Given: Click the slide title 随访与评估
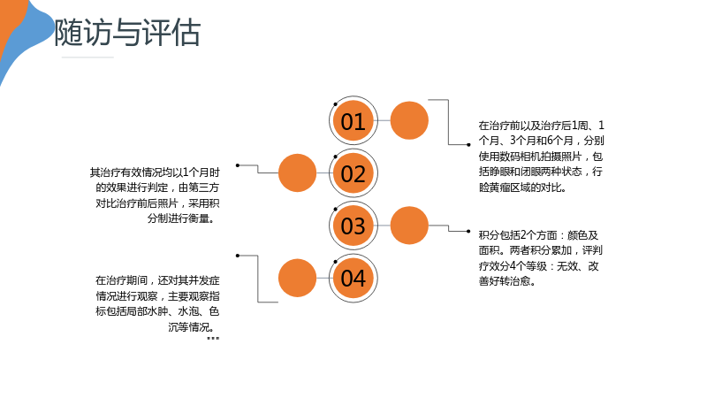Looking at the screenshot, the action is coord(127,33).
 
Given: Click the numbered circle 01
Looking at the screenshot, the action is coord(353,121).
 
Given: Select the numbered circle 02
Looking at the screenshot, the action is coord(353,173).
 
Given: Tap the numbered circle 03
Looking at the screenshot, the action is coord(353,226).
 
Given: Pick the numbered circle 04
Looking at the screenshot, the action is coord(353,278).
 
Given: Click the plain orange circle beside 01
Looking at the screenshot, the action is coord(409,120).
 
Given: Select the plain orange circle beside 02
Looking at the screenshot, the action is coord(297,172).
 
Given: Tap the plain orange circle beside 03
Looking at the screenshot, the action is coord(409,226).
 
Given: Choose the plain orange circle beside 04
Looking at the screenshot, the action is coord(297,278).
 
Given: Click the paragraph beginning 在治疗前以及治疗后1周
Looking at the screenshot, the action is coord(541,157).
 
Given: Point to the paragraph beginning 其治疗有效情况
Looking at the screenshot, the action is coord(155,195).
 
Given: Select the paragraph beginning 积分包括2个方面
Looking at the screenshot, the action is coord(541,258).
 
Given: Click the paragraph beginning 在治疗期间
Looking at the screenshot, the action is coord(157,303).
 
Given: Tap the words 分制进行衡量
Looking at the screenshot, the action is coord(181,218).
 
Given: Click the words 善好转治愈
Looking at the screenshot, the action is coord(507,281).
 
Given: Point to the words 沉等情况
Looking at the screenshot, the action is coord(191,326).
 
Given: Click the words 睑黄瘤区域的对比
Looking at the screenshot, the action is coord(522,188).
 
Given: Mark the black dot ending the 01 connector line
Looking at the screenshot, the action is coord(468,145).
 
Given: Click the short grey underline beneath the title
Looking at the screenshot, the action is coord(87,57).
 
